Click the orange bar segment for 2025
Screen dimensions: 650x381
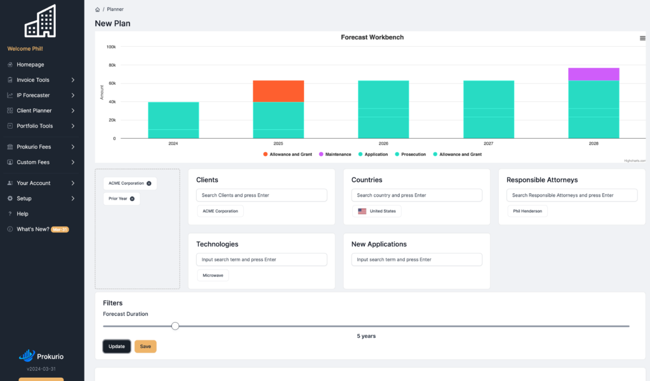pos(278,91)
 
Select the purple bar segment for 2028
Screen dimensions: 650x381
pos(594,74)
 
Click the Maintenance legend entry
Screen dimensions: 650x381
pos(335,155)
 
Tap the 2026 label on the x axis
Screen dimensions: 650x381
pos(383,143)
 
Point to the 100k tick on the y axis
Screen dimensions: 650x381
pos(111,47)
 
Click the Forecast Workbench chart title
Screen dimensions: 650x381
pos(372,37)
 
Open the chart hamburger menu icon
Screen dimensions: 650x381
pos(642,38)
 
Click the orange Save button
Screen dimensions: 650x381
pos(145,346)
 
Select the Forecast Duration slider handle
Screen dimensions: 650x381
pos(175,326)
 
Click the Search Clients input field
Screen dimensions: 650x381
pos(262,195)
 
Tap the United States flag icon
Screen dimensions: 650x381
pos(362,211)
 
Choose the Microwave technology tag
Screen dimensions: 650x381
pos(213,275)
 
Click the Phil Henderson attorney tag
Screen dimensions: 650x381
pos(527,211)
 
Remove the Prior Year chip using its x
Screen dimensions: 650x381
pos(132,199)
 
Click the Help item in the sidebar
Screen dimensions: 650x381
pos(22,214)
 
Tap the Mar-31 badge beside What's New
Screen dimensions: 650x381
pos(60,229)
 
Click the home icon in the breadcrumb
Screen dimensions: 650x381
pos(97,10)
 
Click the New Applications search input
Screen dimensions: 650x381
pos(416,260)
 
